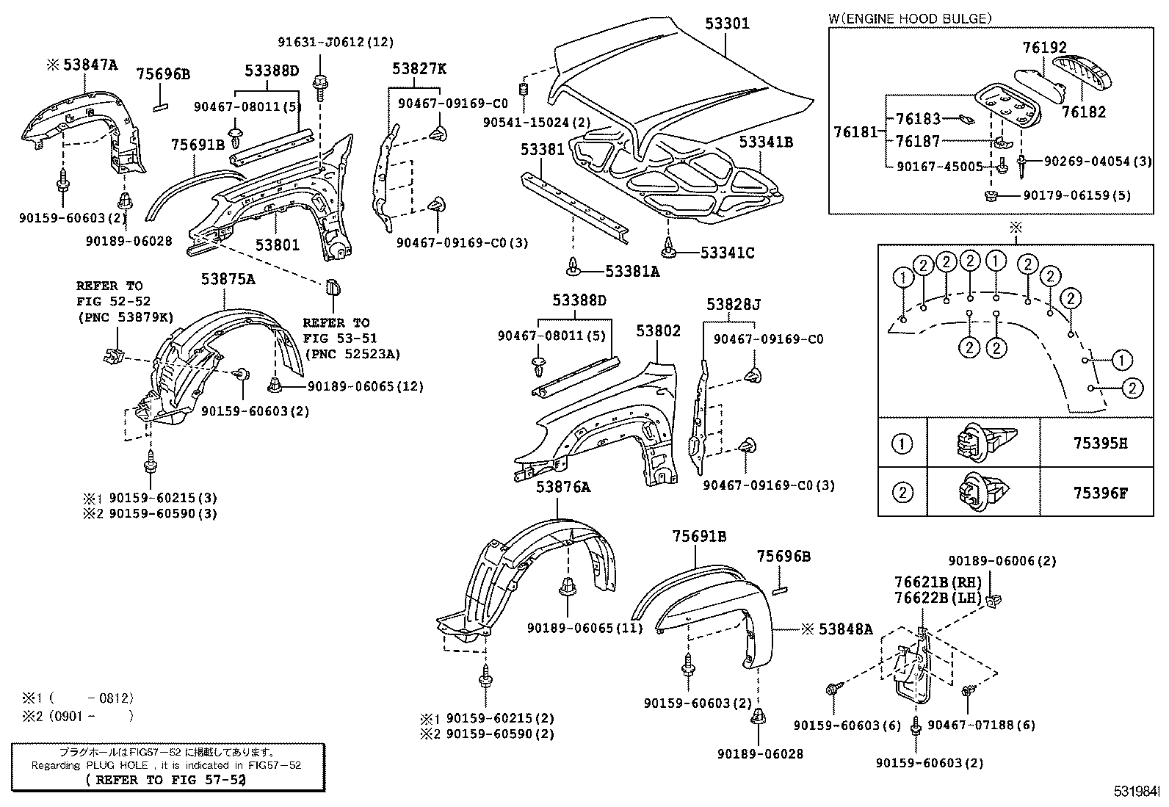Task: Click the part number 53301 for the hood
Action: click(x=727, y=23)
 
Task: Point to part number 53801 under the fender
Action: click(x=278, y=245)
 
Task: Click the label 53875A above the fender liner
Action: click(x=228, y=279)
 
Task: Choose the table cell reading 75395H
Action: click(x=1099, y=444)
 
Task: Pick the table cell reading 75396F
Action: click(x=1099, y=493)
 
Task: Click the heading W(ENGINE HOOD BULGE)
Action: click(x=910, y=18)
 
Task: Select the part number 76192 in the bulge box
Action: click(x=1044, y=48)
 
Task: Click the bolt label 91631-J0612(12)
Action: click(x=336, y=43)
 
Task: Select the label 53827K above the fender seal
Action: click(x=419, y=69)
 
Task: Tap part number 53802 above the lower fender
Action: click(x=658, y=331)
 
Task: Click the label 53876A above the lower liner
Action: click(x=562, y=487)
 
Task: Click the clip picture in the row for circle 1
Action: click(x=983, y=443)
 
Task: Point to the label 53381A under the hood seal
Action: click(x=631, y=272)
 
